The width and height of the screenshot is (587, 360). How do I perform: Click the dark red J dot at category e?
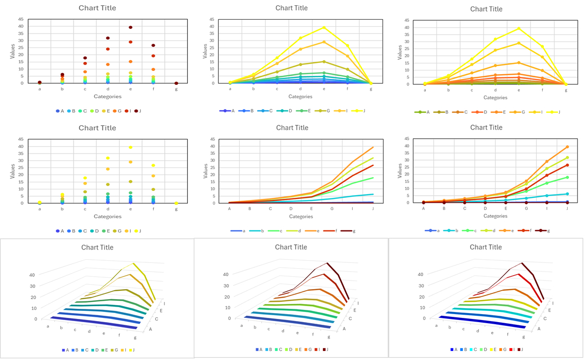click(x=130, y=27)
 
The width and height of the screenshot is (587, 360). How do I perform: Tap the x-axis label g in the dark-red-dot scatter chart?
click(x=176, y=89)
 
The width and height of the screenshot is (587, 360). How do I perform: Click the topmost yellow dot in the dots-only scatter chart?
click(x=130, y=147)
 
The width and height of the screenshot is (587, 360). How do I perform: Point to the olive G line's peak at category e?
click(x=323, y=61)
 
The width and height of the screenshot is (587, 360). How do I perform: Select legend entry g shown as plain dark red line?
click(x=351, y=231)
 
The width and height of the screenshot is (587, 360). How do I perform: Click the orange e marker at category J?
click(x=567, y=147)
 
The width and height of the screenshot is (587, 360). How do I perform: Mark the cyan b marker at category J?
click(x=567, y=194)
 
